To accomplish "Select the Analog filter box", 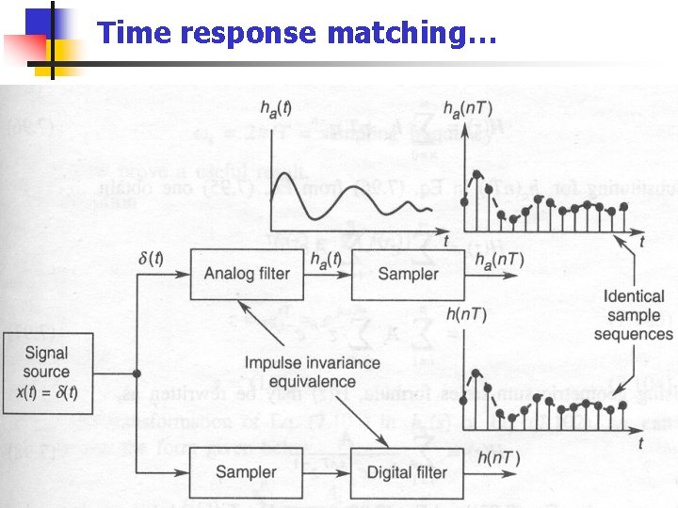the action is (x=247, y=274).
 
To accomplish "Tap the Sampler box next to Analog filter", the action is (x=407, y=274).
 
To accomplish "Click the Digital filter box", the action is (x=407, y=471).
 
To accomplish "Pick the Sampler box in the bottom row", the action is (x=247, y=471).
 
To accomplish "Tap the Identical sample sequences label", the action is (x=634, y=314).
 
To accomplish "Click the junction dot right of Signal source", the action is (x=137, y=373).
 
